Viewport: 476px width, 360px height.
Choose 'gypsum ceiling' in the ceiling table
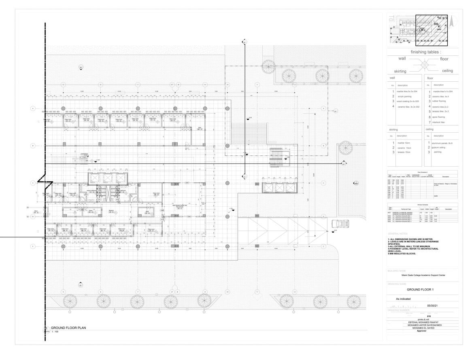pos(439,148)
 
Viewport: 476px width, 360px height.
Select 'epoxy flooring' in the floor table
pos(440,116)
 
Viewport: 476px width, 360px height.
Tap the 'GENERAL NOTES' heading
pos(399,234)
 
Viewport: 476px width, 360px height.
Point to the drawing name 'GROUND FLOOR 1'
pos(420,290)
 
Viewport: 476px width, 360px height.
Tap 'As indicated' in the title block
pos(403,299)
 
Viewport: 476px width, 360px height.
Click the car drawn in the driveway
pos(338,223)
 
